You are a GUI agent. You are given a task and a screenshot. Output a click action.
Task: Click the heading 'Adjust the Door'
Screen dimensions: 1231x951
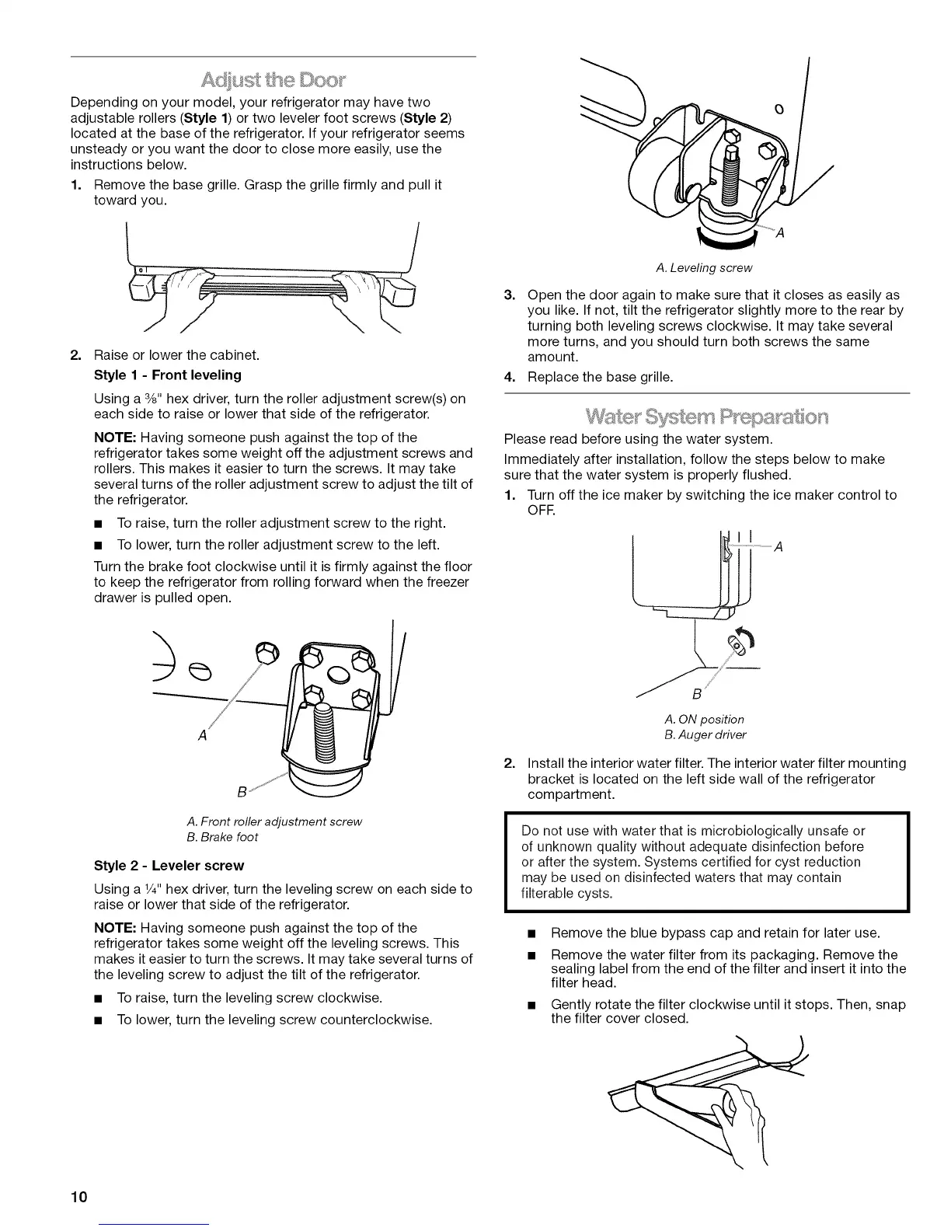(x=273, y=80)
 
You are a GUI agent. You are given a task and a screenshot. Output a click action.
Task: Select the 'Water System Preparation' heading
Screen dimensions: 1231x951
(x=707, y=414)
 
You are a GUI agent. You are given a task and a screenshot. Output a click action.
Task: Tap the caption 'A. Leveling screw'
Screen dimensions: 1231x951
(x=704, y=268)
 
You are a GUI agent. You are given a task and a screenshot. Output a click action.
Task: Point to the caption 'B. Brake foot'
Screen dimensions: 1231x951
(x=222, y=837)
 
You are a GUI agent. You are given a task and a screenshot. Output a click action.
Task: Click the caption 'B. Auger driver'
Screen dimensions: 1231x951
(x=705, y=734)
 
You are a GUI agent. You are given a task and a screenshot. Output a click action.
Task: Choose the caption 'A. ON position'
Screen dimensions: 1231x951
(x=704, y=719)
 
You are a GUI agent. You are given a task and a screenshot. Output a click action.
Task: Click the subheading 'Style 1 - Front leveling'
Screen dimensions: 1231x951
(x=167, y=375)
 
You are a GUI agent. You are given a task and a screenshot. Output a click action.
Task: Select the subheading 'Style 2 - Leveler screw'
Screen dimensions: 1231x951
(x=169, y=866)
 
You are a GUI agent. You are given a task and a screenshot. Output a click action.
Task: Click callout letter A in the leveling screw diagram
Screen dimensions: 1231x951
(x=780, y=238)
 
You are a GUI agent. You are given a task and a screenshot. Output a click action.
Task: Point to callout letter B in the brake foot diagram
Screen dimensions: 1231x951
(x=242, y=793)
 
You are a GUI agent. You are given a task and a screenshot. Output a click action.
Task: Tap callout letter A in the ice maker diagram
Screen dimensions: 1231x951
(x=779, y=547)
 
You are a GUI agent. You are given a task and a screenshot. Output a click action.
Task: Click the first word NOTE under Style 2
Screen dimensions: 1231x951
(x=115, y=928)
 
